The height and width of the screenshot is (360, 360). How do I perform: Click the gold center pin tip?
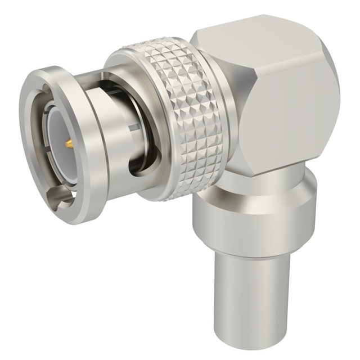(69, 145)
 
